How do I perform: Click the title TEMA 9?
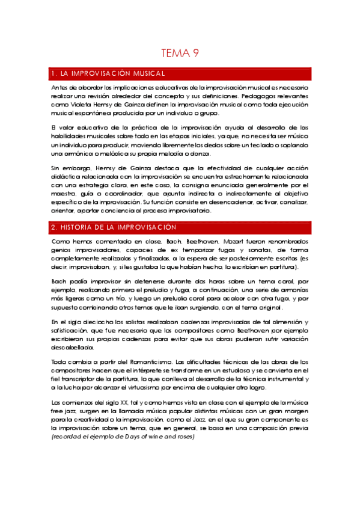(180, 54)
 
